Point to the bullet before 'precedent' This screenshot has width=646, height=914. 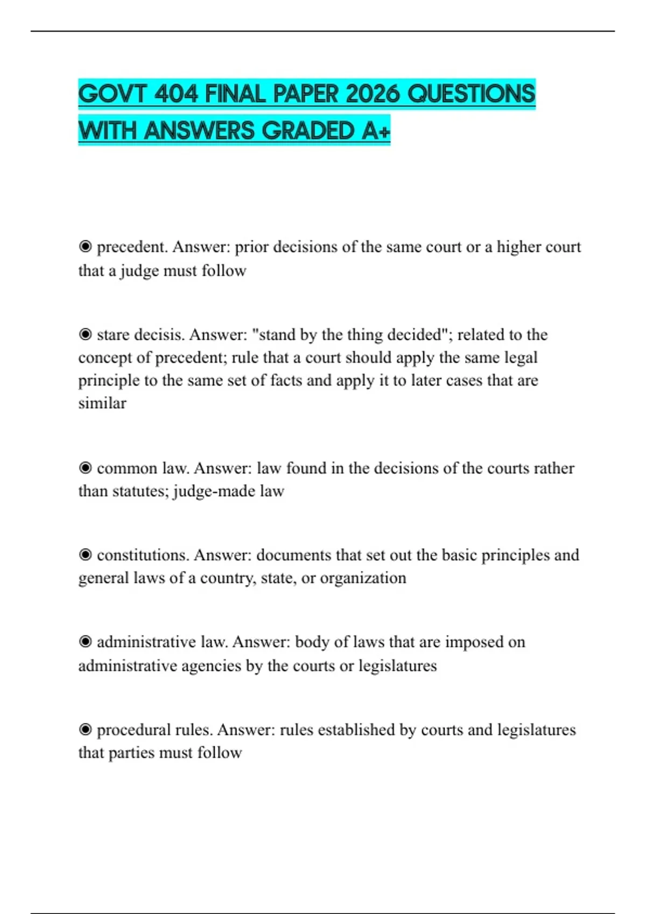[85, 247]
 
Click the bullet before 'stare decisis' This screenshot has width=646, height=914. [85, 334]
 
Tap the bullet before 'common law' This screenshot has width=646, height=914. [85, 468]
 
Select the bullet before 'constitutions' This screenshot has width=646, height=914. [85, 555]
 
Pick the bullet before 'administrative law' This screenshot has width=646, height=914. [85, 642]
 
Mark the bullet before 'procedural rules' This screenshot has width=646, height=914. [85, 730]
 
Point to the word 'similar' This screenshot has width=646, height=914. [102, 403]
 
